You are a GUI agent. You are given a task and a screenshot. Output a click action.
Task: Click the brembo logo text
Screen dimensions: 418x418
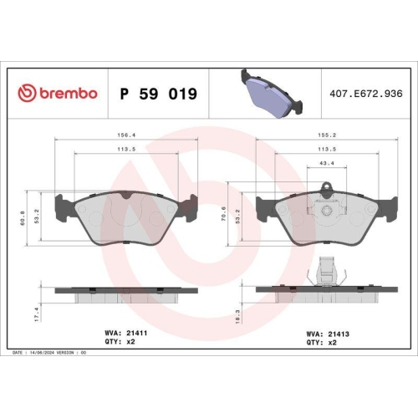59,94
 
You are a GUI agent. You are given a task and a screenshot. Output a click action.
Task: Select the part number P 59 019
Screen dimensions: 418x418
160,94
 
